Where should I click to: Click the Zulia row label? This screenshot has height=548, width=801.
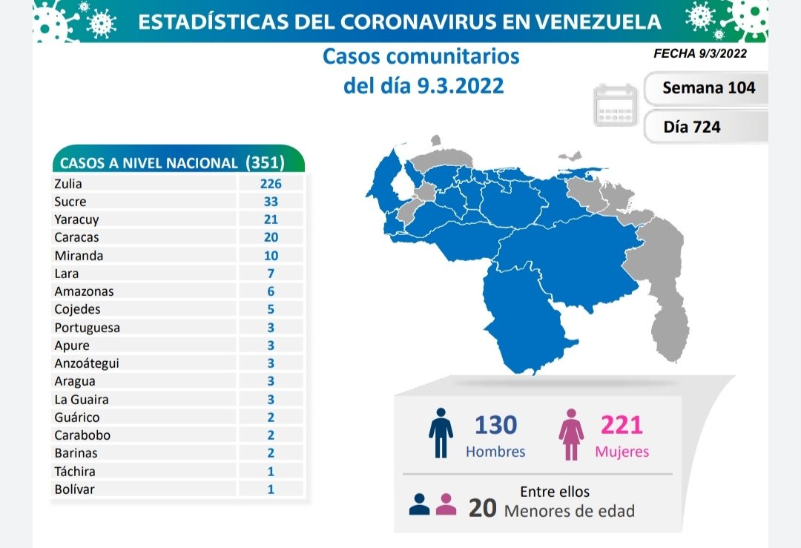[68, 184]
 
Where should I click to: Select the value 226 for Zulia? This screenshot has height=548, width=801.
[271, 184]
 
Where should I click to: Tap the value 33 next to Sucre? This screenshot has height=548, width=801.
[271, 202]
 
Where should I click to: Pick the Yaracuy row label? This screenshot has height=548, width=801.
[76, 219]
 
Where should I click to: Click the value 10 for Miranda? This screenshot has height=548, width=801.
[271, 256]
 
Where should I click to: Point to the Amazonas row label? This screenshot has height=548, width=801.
[84, 291]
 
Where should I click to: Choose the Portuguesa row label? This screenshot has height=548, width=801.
[87, 328]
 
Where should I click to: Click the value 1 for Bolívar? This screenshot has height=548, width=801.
[271, 489]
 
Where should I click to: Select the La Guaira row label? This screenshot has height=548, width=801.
[81, 400]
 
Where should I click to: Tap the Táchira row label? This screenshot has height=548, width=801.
[75, 472]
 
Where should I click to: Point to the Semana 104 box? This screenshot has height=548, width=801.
[708, 88]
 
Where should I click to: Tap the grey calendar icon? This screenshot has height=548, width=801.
[616, 105]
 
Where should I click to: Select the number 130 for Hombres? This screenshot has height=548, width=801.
[495, 425]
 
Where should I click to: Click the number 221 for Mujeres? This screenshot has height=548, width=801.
[622, 425]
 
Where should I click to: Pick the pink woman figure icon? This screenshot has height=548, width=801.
[572, 433]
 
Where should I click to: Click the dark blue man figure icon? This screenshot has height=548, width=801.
[441, 433]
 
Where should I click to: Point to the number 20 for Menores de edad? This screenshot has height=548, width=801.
[483, 508]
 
